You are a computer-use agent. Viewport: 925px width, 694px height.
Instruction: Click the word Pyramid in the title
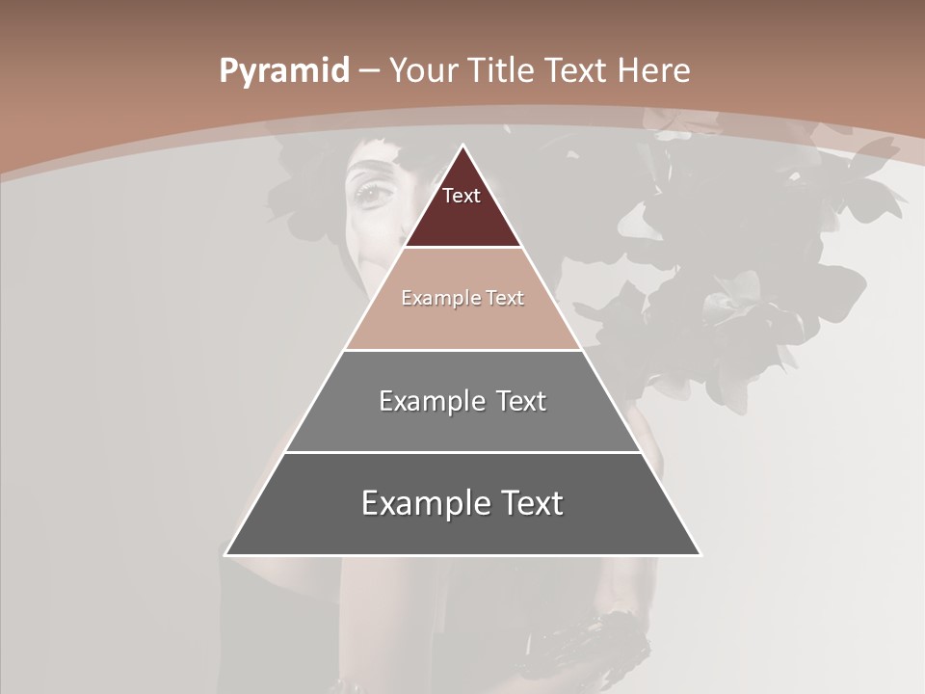[x=284, y=71]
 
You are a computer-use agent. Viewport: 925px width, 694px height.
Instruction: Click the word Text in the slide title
[x=576, y=70]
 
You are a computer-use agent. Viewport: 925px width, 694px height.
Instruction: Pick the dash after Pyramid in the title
[x=369, y=71]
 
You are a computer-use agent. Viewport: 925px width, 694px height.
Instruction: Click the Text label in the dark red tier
[x=462, y=196]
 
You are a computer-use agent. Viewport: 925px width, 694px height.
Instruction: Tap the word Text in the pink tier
[x=506, y=298]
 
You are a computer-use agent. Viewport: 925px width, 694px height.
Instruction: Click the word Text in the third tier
[x=521, y=401]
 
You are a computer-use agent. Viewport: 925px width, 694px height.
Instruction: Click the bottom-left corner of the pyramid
[x=226, y=554]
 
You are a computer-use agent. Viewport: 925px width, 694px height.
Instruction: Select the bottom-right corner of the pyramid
[x=700, y=554]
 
